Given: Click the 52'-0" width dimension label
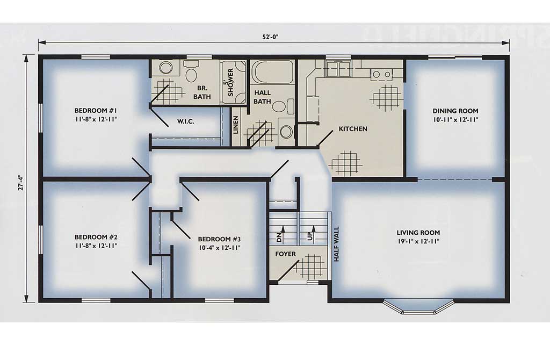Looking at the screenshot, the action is coord(270,37).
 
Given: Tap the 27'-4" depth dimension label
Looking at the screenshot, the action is coord(21,183).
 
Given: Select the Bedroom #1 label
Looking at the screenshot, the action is coord(96,111).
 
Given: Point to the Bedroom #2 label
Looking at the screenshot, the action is coord(96,237).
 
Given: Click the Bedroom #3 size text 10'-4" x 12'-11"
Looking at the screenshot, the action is coord(219,248).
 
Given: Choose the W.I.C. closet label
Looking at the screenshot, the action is coord(185,121).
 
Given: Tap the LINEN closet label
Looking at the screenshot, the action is coord(236,125).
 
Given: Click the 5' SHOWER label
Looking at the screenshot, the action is coord(230,82).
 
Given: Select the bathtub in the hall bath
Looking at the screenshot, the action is coord(273,72).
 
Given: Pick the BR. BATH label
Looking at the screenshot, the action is coord(202,92).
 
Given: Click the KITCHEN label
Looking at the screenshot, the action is coord(353,129).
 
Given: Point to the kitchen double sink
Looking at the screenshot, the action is coord(338,68).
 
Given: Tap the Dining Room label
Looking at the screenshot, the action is coord(455,111).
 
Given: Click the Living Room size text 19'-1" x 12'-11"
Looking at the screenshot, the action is coord(418,241).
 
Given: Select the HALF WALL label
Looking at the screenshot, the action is coord(336,244).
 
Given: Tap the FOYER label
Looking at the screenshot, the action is coord(285,254).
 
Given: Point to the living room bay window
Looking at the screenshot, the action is coord(418,307).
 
